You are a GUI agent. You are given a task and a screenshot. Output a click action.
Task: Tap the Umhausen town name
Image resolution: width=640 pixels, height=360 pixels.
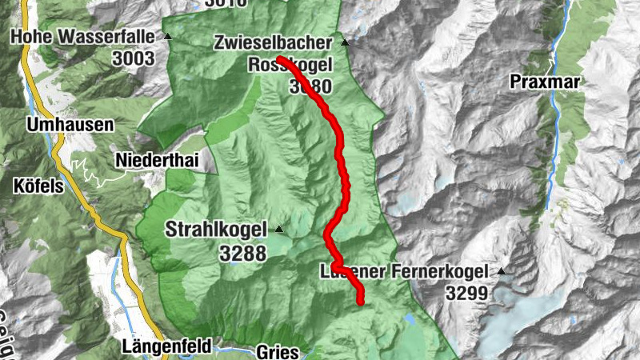coord(69,126)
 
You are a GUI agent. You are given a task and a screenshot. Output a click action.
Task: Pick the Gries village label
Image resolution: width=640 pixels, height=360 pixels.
coord(278,351)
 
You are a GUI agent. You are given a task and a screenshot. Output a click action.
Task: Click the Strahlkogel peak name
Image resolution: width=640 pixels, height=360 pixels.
coord(216,230)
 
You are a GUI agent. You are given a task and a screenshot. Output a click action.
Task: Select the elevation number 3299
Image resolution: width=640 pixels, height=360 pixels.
coord(466,294)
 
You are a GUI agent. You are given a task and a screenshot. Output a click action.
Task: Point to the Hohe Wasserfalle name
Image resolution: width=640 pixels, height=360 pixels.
coord(83,37)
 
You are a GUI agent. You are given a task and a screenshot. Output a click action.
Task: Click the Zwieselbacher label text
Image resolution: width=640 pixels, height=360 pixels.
coord(274,42)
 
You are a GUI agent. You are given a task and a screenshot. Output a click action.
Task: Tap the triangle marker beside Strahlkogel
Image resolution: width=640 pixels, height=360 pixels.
coord(278,230)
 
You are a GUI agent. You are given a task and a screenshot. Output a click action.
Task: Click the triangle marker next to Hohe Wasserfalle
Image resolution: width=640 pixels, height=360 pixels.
coord(167,37)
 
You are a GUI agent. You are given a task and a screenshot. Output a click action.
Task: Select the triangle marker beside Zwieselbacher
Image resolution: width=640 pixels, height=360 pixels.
coord(345,42)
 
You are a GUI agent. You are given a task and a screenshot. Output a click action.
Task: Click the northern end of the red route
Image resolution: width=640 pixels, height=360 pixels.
coord(281,59)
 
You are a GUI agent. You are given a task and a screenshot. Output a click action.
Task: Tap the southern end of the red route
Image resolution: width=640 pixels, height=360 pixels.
coord(361,301)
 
